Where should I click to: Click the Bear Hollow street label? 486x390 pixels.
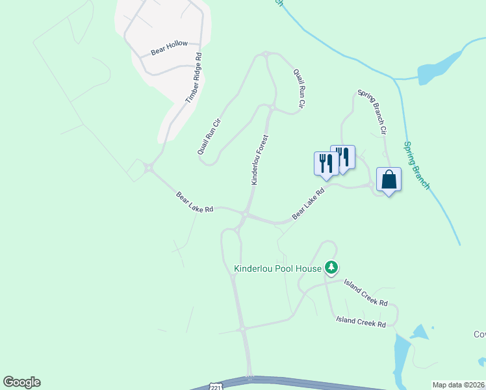(169, 47)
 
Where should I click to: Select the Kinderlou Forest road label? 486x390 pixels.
(260, 160)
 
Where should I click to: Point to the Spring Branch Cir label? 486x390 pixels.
(372, 112)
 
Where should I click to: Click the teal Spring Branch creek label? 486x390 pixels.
(416, 166)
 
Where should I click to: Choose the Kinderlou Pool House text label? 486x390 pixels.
(277, 268)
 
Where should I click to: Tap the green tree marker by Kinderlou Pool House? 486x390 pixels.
(331, 267)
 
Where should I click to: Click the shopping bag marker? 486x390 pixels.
(389, 180)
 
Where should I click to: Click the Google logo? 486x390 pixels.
(21, 382)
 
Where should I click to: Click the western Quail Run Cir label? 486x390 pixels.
(210, 135)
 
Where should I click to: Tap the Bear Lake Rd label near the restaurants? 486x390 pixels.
(308, 203)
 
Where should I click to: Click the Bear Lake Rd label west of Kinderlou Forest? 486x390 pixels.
(195, 202)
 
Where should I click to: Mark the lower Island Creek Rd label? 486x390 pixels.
(361, 321)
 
